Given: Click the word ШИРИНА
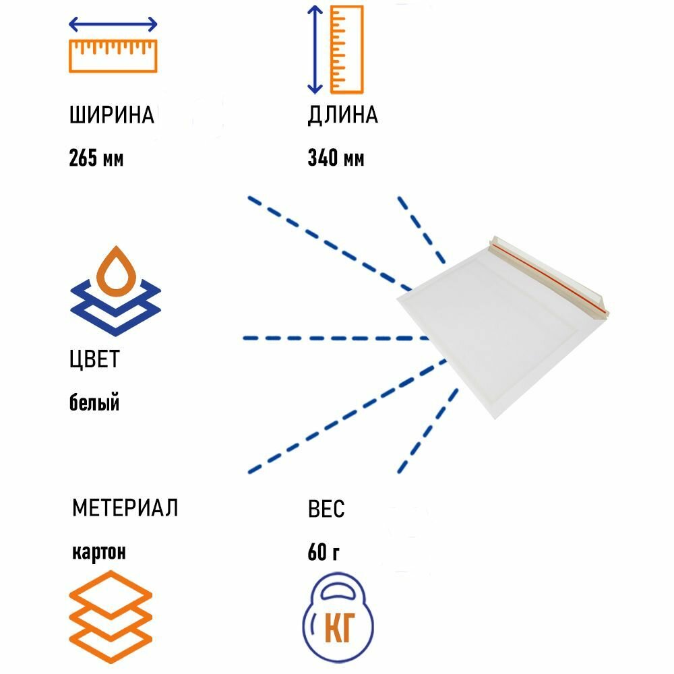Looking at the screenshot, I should pyautogui.click(x=111, y=116).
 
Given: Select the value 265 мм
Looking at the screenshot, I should pyautogui.click(x=96, y=159).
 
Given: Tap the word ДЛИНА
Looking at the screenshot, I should pyautogui.click(x=342, y=116).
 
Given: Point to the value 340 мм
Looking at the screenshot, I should pyautogui.click(x=336, y=159).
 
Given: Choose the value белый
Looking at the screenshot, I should pyautogui.click(x=94, y=403).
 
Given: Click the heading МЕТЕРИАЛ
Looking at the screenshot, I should pyautogui.click(x=125, y=508).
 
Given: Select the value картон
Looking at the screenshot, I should pyautogui.click(x=98, y=552).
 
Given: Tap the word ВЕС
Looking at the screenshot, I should pyautogui.click(x=326, y=510).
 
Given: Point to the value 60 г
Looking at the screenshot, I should pyautogui.click(x=324, y=553).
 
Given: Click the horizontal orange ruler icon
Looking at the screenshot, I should pyautogui.click(x=113, y=55).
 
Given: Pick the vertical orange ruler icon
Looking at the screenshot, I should pyautogui.click(x=347, y=49).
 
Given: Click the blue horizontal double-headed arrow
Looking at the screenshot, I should pyautogui.click(x=113, y=26).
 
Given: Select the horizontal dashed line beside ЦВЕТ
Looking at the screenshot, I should pyautogui.click(x=337, y=337).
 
